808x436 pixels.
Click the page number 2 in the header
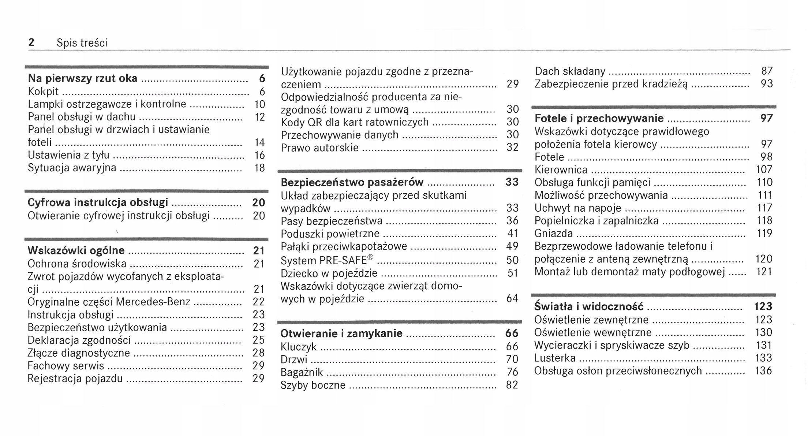coord(31,43)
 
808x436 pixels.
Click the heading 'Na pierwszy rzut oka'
coord(82,78)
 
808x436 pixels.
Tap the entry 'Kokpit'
coord(43,92)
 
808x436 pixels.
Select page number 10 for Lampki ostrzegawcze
coord(259,104)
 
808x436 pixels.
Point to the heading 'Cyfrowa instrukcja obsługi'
coord(98,202)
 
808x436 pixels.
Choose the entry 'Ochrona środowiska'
coord(77,264)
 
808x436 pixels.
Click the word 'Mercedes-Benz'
coord(153,302)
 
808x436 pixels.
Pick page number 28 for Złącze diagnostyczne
coord(259,353)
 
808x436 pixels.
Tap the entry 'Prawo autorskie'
coord(319,148)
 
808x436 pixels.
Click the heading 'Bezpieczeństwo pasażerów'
coord(352,182)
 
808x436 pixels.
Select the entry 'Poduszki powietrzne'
coord(330,234)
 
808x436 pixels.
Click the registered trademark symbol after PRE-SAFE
coord(370,257)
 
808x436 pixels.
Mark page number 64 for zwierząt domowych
coord(512,299)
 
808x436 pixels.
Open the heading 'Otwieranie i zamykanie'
coord(341,333)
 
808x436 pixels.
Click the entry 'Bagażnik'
coord(302,372)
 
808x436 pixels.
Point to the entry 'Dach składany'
coord(570,71)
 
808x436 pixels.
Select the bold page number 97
coord(766,118)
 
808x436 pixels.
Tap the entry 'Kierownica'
coord(561,170)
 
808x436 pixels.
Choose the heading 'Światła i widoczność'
coord(588,306)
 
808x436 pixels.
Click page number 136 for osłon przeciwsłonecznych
coord(763,371)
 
